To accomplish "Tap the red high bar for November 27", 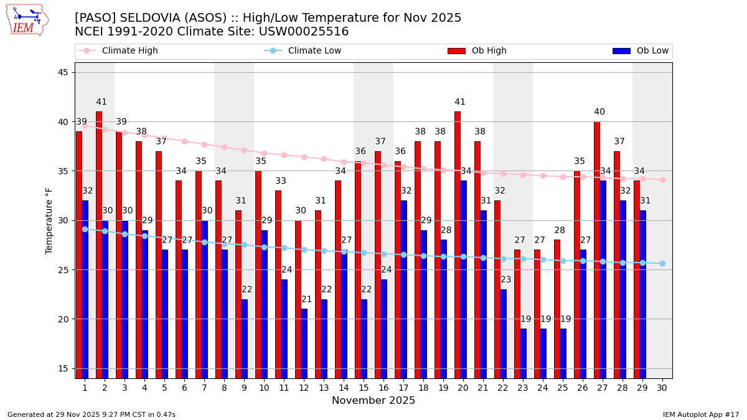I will click(x=597, y=249).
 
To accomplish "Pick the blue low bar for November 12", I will click(x=304, y=343).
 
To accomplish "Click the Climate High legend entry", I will click(x=129, y=51).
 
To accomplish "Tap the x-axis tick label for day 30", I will click(x=662, y=388).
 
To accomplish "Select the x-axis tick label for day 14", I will click(x=344, y=388).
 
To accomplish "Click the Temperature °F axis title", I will click(x=49, y=220).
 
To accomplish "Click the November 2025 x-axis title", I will click(x=374, y=401).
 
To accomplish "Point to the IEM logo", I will click(x=27, y=20).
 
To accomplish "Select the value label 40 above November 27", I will click(x=599, y=112).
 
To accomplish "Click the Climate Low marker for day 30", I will click(x=662, y=263).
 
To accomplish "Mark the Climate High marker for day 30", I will click(x=662, y=180).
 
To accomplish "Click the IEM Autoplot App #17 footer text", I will click(x=700, y=414).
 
